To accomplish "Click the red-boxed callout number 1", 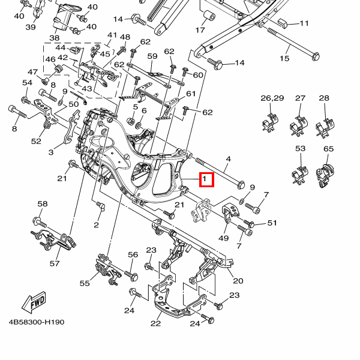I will pyautogui.click(x=206, y=179).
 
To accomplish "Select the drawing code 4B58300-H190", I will pyautogui.click(x=37, y=322).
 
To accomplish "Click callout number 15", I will pyautogui.click(x=284, y=58).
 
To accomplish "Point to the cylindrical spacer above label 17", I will pyautogui.click(x=209, y=16).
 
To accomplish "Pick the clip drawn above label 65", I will pyautogui.click(x=327, y=172).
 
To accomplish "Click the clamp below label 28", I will pyautogui.click(x=324, y=124).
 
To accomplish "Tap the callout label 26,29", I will pyautogui.click(x=272, y=98).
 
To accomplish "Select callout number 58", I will pyautogui.click(x=42, y=204).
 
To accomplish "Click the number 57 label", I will pyautogui.click(x=55, y=263).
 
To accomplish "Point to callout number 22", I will pyautogui.click(x=156, y=324).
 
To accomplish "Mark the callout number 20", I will pyautogui.click(x=238, y=281).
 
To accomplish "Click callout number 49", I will pyautogui.click(x=224, y=238).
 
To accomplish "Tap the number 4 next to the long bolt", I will pyautogui.click(x=228, y=160).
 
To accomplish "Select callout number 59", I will pyautogui.click(x=152, y=56).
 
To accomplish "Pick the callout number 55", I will pyautogui.click(x=85, y=283).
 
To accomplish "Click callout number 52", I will pyautogui.click(x=37, y=142).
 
